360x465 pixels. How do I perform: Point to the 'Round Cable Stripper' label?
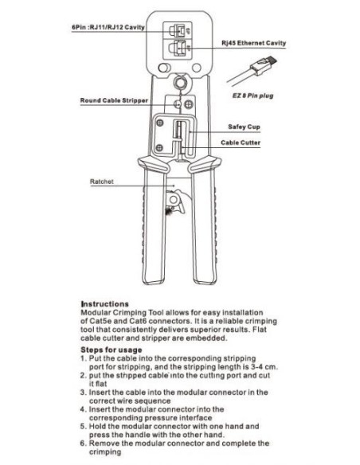click(x=114, y=100)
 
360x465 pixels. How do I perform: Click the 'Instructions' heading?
click(x=104, y=304)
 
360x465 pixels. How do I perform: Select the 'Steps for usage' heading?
click(x=112, y=350)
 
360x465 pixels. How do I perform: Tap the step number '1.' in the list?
click(x=84, y=358)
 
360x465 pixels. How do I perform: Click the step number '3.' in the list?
click(x=84, y=392)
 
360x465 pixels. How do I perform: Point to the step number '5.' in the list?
click(x=84, y=426)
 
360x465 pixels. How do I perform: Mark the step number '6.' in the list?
click(x=84, y=443)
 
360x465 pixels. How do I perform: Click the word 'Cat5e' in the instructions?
click(x=104, y=319)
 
